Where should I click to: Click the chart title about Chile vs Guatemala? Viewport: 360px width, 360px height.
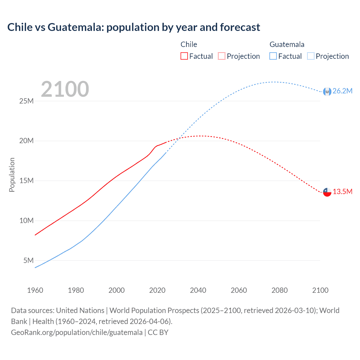pyautogui.click(x=134, y=27)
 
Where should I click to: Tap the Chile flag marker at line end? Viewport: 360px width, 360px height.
pyautogui.click(x=327, y=192)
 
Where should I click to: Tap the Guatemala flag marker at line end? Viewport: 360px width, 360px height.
pyautogui.click(x=327, y=91)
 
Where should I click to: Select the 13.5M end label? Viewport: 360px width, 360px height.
pyautogui.click(x=343, y=192)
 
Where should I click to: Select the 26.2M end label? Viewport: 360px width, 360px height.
pyautogui.click(x=342, y=91)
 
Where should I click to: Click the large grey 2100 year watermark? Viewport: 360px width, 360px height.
pyautogui.click(x=65, y=89)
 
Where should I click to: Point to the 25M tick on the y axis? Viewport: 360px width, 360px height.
pyautogui.click(x=26, y=101)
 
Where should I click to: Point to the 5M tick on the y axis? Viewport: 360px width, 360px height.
pyautogui.click(x=28, y=260)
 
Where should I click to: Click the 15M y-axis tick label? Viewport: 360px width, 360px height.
pyautogui.click(x=26, y=181)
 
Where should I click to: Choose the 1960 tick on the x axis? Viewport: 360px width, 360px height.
pyautogui.click(x=35, y=290)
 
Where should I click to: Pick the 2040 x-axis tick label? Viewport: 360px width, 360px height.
pyautogui.click(x=198, y=290)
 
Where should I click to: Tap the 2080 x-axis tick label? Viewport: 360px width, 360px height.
pyautogui.click(x=280, y=290)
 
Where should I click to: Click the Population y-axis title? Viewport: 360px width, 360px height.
pyautogui.click(x=12, y=175)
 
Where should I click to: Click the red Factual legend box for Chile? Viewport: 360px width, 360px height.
pyautogui.click(x=184, y=56)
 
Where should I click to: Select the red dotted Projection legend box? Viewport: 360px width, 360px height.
pyautogui.click(x=222, y=56)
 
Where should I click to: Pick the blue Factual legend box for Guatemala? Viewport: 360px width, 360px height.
pyautogui.click(x=273, y=56)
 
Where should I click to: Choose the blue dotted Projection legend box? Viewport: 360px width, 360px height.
pyautogui.click(x=310, y=56)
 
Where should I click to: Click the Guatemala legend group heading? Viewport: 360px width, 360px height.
pyautogui.click(x=287, y=44)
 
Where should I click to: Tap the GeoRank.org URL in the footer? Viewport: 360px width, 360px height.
pyautogui.click(x=77, y=332)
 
